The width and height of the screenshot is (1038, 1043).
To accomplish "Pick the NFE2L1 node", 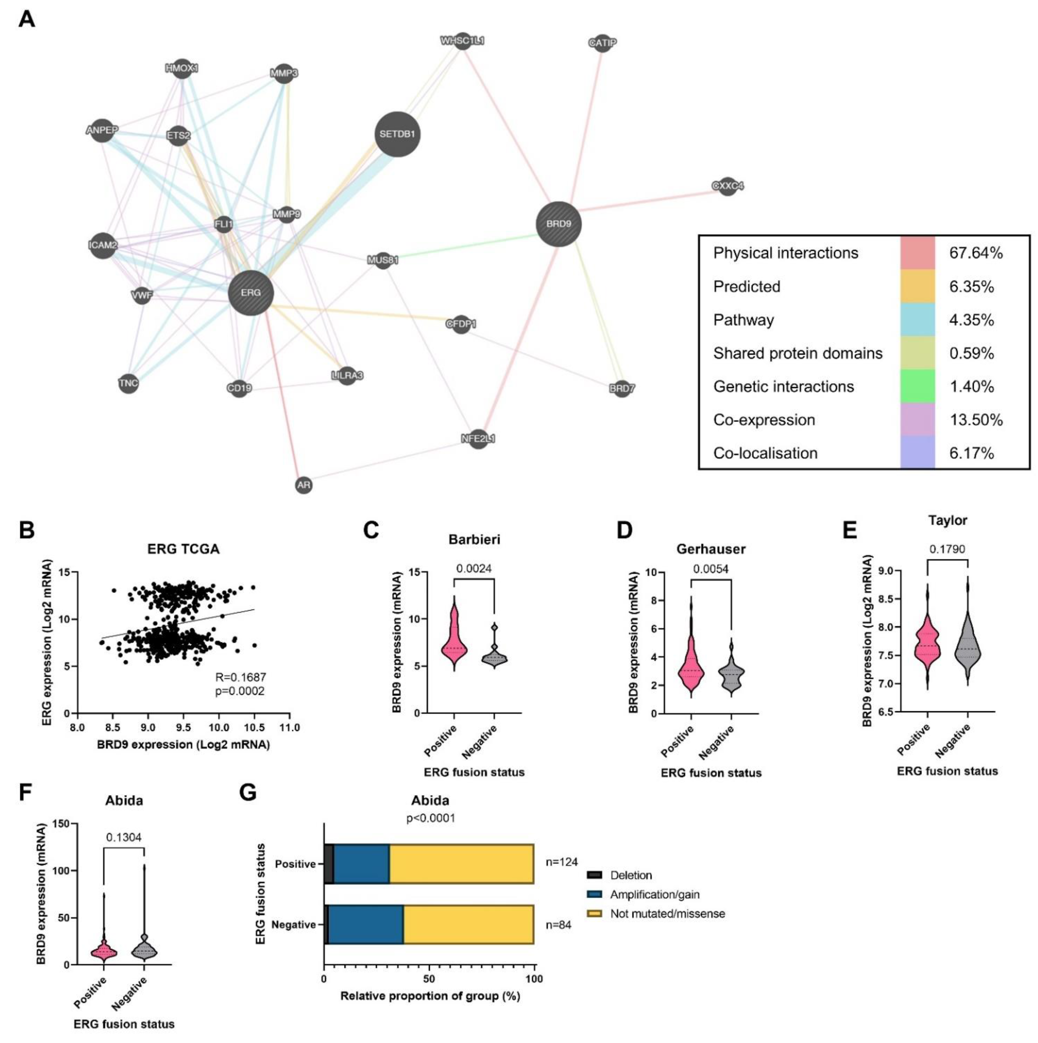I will click(478, 438).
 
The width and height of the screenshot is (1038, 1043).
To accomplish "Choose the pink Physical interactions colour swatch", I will click(917, 253).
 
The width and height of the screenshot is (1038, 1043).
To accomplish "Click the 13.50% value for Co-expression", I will click(975, 420).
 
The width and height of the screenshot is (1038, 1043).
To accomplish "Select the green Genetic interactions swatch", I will click(917, 386).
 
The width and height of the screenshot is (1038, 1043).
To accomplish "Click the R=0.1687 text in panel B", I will click(240, 677).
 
